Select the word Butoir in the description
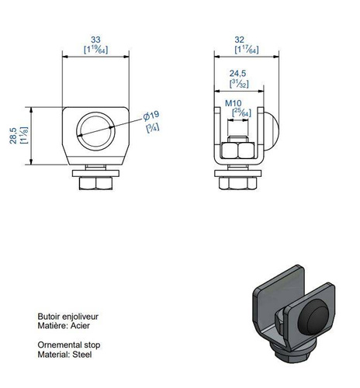tap(49, 317)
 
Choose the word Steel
tap(81, 354)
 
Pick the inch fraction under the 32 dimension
tap(245, 49)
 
